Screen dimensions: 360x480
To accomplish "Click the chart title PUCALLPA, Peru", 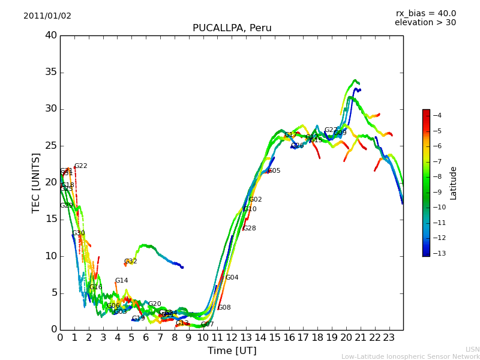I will pos(232,28).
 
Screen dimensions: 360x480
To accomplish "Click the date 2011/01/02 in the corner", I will pos(47,16).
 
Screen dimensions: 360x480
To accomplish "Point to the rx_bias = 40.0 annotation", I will pos(425,14).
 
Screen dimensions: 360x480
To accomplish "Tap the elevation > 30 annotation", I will pos(425,23).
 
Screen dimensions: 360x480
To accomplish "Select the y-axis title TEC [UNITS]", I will pos(36,182).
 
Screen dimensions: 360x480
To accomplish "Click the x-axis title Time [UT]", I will pos(232,350).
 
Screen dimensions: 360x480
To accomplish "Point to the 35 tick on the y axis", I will pos(51,73).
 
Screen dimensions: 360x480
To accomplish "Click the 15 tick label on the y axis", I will pos(51,220).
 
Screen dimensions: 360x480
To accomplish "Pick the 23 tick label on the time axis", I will pos(389,337).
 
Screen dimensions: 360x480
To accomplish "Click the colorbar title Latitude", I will pos(454,183).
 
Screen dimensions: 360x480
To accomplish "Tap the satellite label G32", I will pos(131,262).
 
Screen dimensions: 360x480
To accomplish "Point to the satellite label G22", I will pos(81,166).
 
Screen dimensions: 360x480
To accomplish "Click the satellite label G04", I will pos(232,278).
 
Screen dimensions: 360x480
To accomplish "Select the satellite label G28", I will pos(250,229).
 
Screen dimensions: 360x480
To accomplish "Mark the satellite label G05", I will pos(274,171).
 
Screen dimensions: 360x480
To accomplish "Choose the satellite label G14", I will pos(122,281).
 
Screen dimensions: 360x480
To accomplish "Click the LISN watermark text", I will pos(472,349).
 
